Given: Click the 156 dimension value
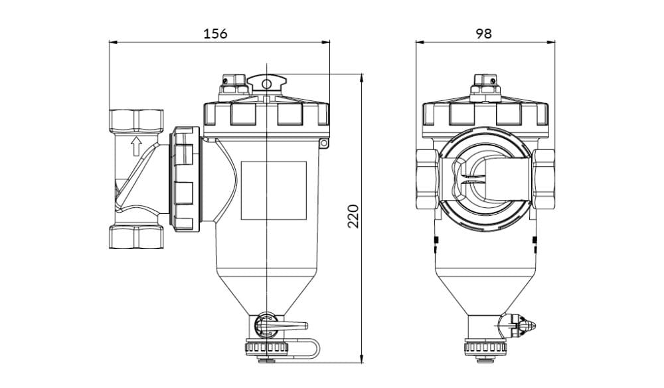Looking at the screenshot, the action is click(x=215, y=33).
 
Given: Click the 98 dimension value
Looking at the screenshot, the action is click(x=483, y=33).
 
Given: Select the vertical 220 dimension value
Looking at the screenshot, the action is click(x=353, y=217).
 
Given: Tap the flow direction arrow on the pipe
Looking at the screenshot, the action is click(x=136, y=147).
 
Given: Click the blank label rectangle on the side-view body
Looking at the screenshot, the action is click(x=274, y=190).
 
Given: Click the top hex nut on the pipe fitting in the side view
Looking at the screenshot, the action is click(x=136, y=121).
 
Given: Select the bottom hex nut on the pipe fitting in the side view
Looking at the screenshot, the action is click(x=136, y=237).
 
